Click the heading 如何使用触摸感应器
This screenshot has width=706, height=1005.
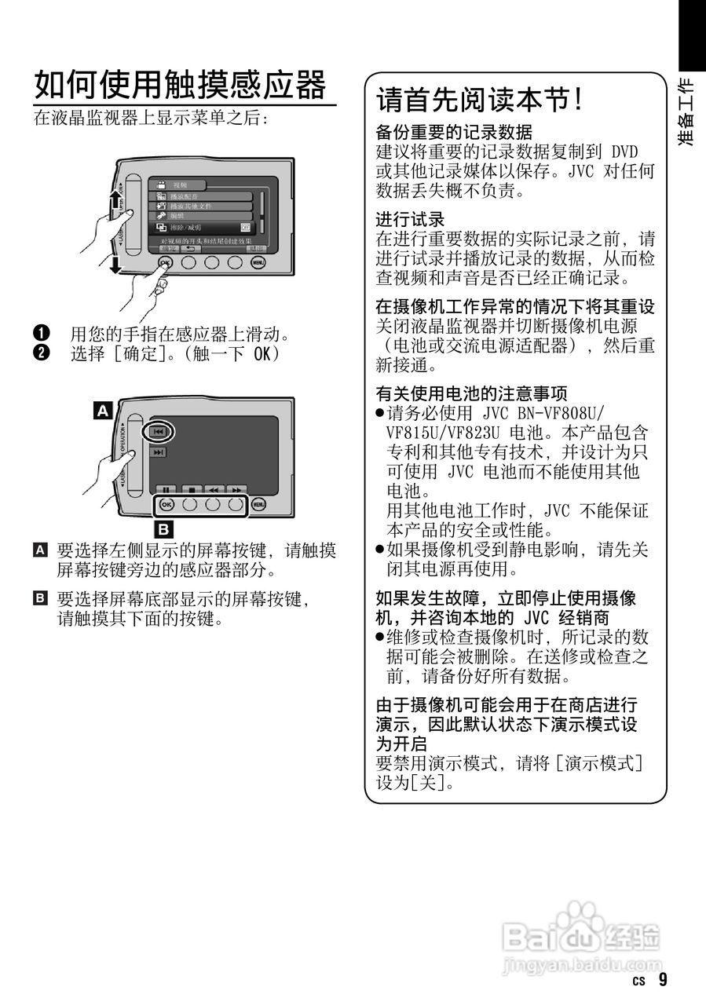180,84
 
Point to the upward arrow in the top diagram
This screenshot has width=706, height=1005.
115,198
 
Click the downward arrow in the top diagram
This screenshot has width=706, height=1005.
115,265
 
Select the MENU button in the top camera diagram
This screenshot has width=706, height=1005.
259,262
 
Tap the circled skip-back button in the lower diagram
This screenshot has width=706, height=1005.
158,432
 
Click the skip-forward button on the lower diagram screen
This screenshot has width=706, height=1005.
159,453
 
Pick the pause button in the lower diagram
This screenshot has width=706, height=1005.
166,489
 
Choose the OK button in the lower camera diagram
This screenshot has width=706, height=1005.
166,505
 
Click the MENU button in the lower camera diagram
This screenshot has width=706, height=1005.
260,505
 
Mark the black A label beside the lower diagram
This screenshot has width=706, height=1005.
102,409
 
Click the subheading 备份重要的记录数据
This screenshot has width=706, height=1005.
454,132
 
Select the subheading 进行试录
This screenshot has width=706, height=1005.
410,220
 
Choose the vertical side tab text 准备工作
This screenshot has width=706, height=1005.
686,111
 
